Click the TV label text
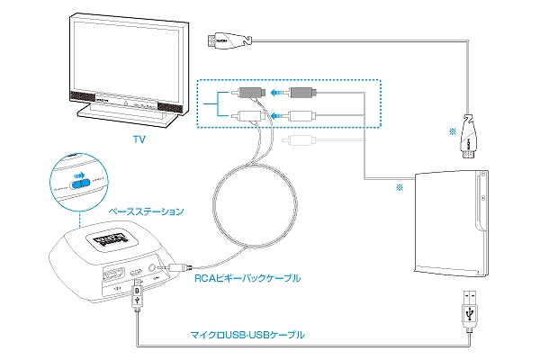tap(139, 140)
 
